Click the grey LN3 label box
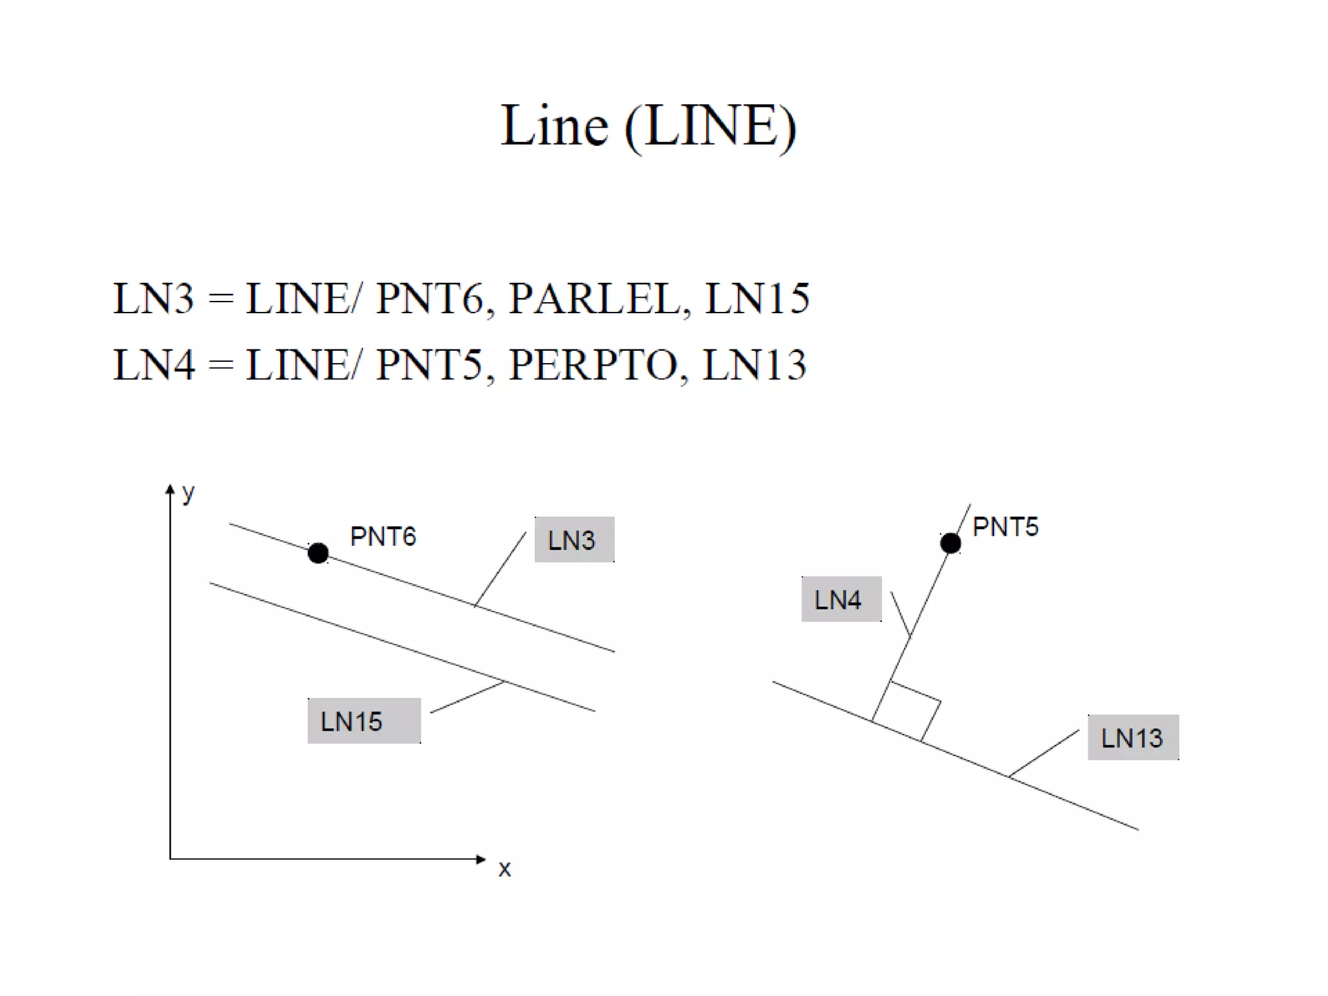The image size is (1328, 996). pos(574,539)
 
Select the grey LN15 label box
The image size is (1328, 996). pos(364,720)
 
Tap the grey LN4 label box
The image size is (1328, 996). pos(841,599)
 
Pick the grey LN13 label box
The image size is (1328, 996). pos(1133,737)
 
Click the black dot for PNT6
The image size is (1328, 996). pos(318,553)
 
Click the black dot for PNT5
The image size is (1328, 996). pos(950,543)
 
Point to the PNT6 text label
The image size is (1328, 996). pos(383,536)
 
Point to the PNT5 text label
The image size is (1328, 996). pos(1005,527)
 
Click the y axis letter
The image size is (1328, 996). pos(188,493)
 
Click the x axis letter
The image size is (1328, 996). pos(504,869)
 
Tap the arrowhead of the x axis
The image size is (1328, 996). pos(480,859)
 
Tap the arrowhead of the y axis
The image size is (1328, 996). pos(170,489)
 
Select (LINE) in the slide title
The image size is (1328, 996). pos(710,126)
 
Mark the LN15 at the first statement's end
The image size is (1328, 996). pos(757,299)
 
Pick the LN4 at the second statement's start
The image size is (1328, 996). pos(154,364)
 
